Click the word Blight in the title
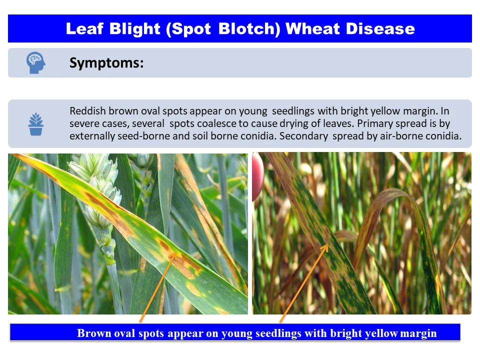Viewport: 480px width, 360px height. pyautogui.click(x=134, y=29)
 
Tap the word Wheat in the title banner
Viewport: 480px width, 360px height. pyautogui.click(x=313, y=29)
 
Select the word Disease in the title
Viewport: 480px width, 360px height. pyautogui.click(x=380, y=29)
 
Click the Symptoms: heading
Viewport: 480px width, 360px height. pyautogui.click(x=106, y=63)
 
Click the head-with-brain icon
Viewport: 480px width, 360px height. pyautogui.click(x=36, y=62)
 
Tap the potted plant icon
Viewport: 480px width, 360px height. pyautogui.click(x=36, y=124)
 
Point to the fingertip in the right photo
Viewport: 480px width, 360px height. pyautogui.click(x=258, y=177)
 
